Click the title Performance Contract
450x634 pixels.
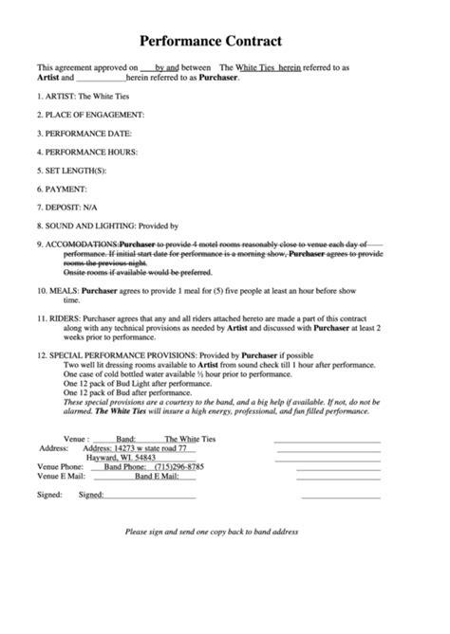pos(211,41)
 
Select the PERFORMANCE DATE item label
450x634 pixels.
pos(86,134)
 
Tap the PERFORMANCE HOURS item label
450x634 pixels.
pos(90,152)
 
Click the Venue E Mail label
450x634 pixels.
pos(59,476)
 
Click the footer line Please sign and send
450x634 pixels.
pos(212,532)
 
